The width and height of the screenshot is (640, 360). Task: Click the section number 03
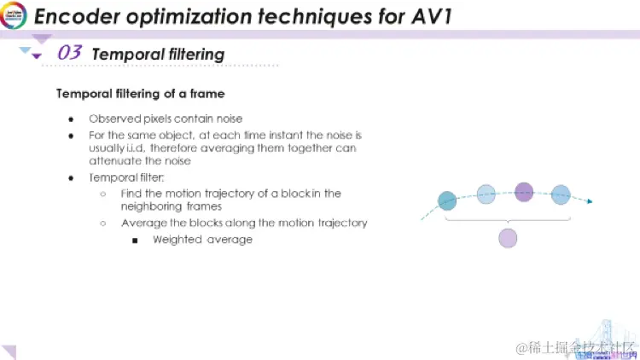click(x=69, y=54)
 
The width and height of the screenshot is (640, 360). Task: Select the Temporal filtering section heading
click(x=158, y=55)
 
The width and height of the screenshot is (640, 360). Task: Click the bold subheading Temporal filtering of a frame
click(x=140, y=93)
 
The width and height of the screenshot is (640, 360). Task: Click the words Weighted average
click(x=202, y=240)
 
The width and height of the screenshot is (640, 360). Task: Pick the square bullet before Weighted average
click(x=135, y=240)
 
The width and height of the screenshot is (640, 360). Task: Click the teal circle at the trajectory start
click(x=447, y=200)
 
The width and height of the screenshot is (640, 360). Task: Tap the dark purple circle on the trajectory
click(x=524, y=191)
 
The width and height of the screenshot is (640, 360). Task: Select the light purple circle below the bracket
click(x=508, y=238)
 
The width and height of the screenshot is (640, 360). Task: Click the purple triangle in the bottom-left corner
click(x=9, y=351)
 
